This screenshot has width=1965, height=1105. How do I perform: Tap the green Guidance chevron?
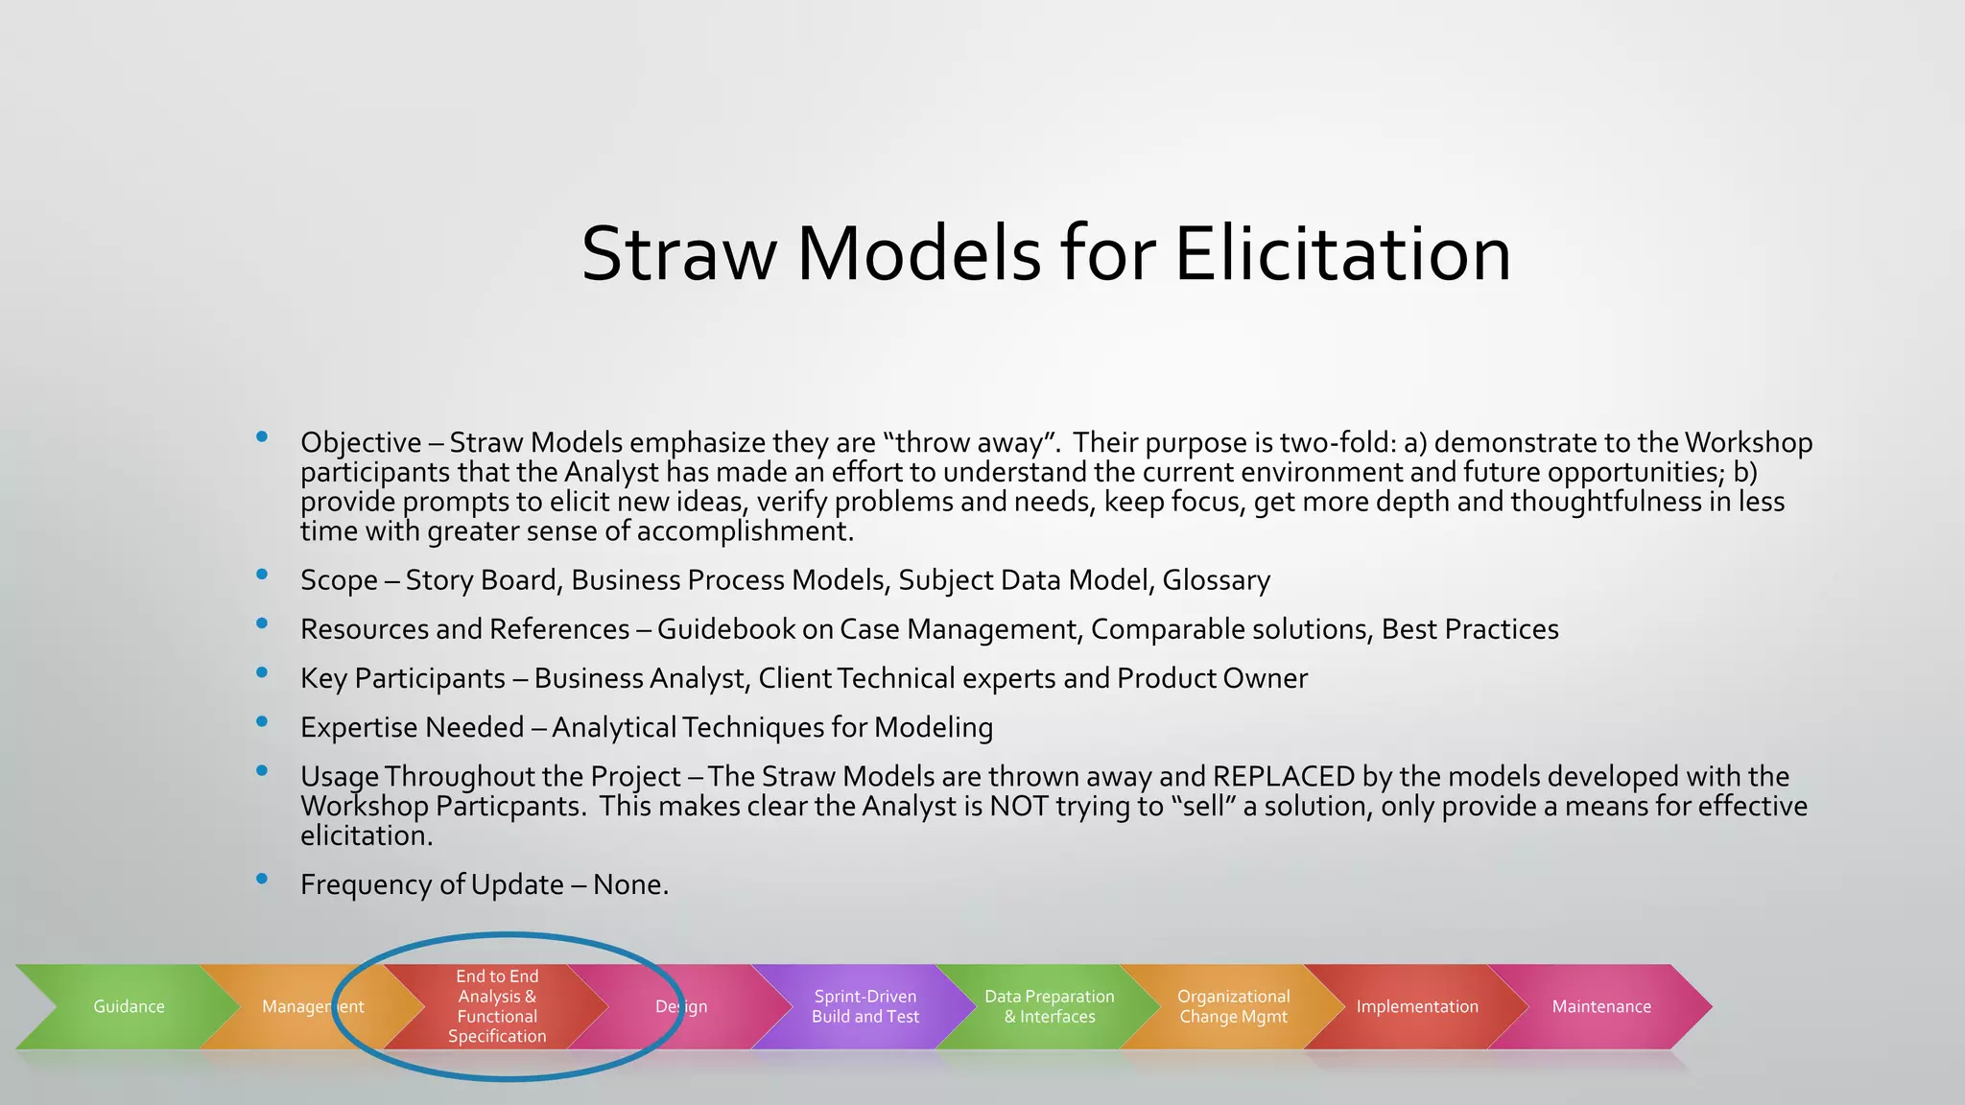click(129, 1006)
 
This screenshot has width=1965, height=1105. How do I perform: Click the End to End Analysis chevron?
click(497, 1006)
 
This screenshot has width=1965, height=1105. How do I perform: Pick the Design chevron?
click(681, 1006)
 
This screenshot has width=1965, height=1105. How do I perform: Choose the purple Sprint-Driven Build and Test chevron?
click(864, 1006)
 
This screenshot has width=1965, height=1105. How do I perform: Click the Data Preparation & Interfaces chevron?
click(1049, 1006)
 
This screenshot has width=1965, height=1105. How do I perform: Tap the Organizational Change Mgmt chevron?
click(1233, 1006)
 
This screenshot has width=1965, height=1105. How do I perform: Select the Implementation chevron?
click(1417, 1006)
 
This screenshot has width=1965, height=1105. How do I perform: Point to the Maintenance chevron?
click(1601, 1006)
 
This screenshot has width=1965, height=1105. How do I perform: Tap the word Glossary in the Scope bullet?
click(1216, 580)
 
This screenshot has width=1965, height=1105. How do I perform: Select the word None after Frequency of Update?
click(629, 884)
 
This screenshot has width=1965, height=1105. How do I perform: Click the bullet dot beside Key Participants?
click(262, 673)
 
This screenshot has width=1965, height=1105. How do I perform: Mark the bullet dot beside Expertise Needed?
click(262, 722)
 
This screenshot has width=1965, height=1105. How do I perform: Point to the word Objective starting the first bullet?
click(361, 443)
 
